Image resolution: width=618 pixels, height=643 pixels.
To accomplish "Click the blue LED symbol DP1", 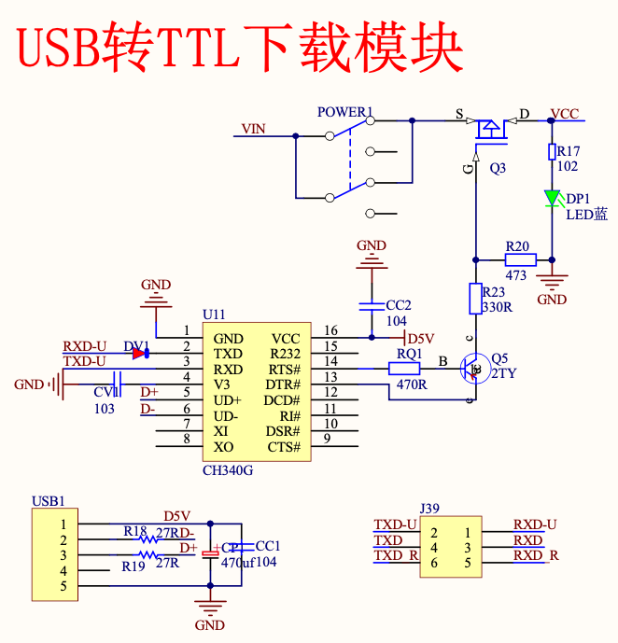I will pos(552,198).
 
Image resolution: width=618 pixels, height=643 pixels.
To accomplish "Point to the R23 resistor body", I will pos(474,299).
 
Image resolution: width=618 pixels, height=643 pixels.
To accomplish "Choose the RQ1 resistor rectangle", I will pos(407,369).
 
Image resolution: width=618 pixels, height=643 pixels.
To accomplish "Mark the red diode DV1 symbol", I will pos(140,354).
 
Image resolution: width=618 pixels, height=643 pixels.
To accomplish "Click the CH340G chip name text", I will pos(228,469).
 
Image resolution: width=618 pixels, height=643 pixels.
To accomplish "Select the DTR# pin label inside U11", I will pos(284,384).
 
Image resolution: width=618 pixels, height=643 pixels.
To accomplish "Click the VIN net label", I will pos(254,128).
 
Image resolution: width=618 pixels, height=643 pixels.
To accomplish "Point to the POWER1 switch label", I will pos(344,113).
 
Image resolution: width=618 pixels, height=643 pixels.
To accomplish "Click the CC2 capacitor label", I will pos(399,304).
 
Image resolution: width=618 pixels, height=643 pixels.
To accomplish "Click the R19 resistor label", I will pos(133,565).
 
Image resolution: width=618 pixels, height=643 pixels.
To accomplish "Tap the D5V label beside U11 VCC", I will pos(421,338).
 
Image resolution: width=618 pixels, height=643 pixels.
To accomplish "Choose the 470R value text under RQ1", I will pos(411,384).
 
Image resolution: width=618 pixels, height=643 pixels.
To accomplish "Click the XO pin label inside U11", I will pos(223,447).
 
